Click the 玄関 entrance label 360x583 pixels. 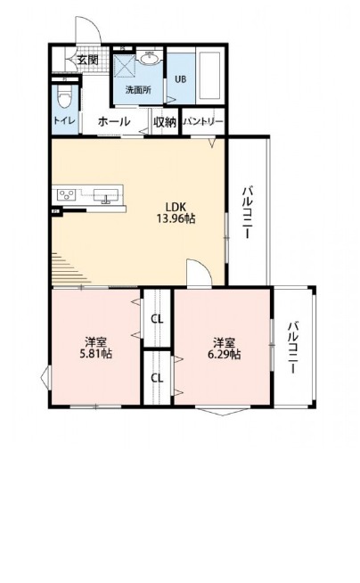88,60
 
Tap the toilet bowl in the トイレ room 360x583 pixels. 65,99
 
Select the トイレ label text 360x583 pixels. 65,121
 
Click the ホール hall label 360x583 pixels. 114,121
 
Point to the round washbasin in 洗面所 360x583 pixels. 150,58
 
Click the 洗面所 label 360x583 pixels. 138,90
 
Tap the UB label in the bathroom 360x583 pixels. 181,79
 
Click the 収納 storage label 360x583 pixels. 165,122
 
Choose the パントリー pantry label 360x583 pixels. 203,122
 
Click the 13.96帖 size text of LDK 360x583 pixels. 176,218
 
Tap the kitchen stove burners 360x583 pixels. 66,194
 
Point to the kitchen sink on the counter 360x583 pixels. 106,195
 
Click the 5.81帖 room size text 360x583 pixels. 96,353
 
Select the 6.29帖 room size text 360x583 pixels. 224,354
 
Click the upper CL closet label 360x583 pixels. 157,319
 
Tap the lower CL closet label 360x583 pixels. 157,378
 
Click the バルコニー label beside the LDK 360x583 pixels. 248,213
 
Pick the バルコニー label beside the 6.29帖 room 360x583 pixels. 294,348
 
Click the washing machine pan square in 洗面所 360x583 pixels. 125,66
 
